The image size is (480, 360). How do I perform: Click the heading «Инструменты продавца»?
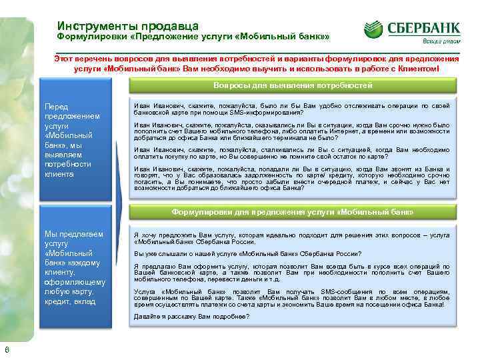point(127,25)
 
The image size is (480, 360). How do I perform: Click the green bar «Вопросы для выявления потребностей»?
point(292,86)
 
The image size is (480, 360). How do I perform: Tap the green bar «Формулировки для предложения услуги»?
point(292,211)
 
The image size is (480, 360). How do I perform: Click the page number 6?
point(7,351)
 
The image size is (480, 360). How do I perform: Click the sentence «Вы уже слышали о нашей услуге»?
point(247,254)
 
